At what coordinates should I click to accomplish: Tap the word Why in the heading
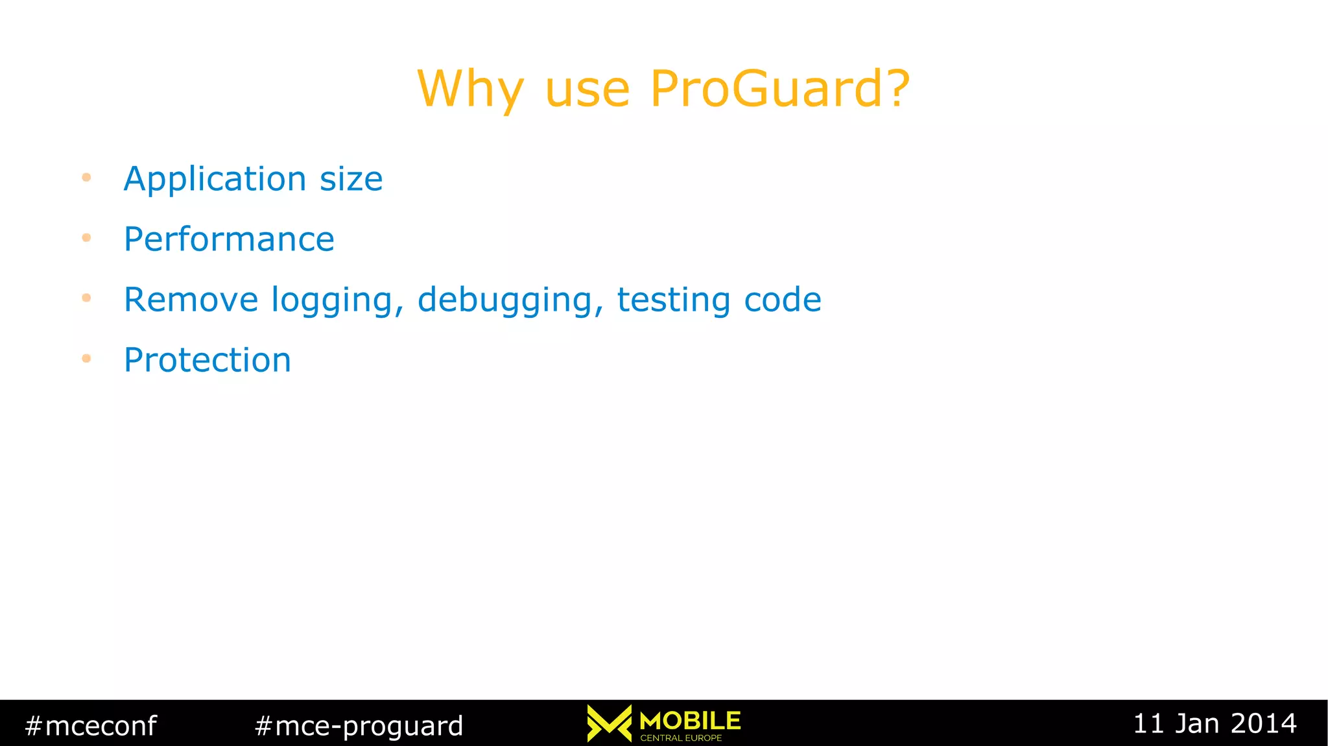click(470, 89)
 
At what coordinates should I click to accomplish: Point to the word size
click(351, 179)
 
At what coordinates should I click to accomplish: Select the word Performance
click(229, 239)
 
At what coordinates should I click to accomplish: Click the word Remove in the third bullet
click(191, 300)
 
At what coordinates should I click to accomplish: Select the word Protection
click(207, 360)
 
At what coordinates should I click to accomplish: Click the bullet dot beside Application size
click(86, 177)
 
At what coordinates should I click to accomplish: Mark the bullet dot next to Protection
click(86, 358)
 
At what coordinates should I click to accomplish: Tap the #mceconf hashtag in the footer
click(91, 725)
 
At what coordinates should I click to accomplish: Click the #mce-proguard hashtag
click(359, 725)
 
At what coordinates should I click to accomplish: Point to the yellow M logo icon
click(609, 723)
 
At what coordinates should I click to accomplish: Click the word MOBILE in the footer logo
click(690, 720)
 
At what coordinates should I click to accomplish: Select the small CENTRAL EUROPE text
click(681, 738)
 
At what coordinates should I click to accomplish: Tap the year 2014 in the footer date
click(1264, 723)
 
